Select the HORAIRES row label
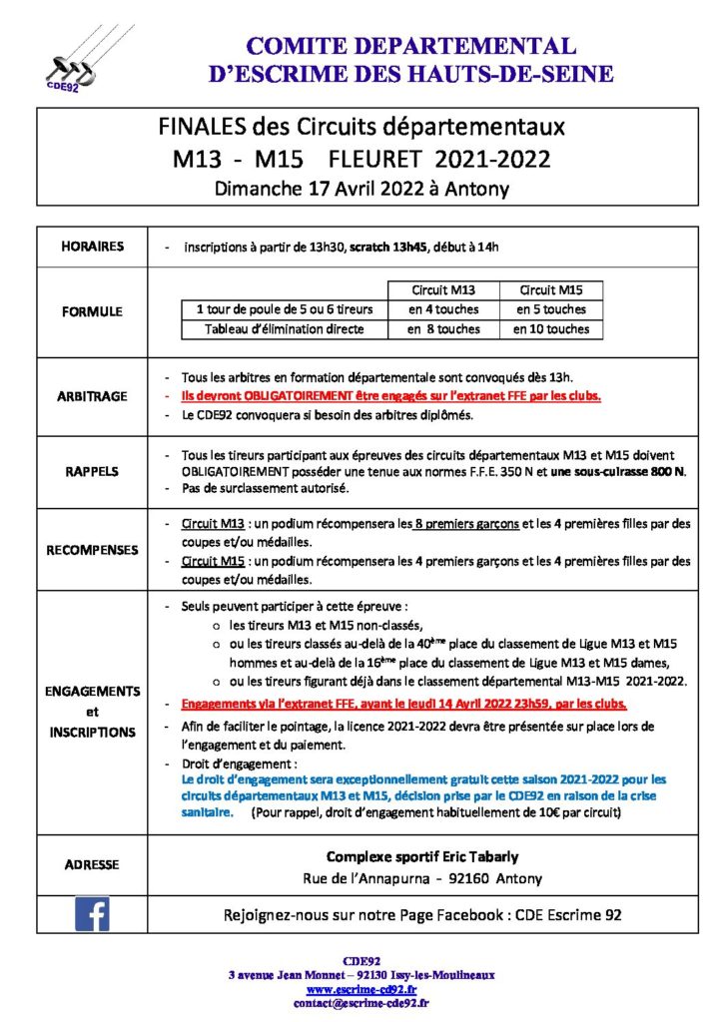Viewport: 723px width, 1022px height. tap(92, 247)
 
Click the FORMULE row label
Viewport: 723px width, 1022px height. tap(92, 310)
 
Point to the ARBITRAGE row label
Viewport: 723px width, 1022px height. tap(92, 396)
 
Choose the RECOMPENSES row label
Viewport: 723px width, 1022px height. tap(92, 550)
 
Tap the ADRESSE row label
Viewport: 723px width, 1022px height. tap(92, 864)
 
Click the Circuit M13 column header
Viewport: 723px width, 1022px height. tap(443, 290)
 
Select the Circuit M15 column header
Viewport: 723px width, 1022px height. tap(551, 290)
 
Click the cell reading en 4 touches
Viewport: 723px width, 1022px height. tap(443, 309)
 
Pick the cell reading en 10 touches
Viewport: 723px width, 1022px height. tap(551, 329)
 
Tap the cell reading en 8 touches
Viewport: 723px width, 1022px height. tap(443, 329)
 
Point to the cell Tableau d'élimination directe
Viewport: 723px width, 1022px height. tap(285, 329)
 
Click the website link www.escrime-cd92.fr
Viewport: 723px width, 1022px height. tap(361, 989)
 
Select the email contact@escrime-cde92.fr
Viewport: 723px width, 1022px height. tap(361, 1003)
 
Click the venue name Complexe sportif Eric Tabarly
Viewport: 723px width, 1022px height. tap(422, 857)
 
